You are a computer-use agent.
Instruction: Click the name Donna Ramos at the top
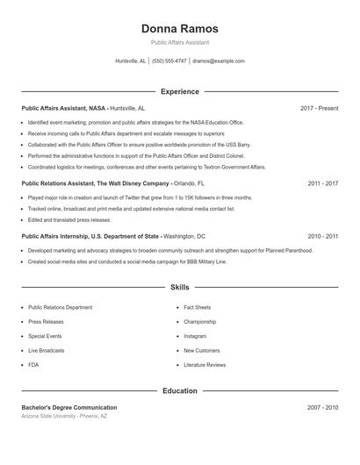click(179, 29)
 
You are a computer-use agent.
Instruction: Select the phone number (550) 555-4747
click(169, 61)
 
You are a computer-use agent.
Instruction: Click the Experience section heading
click(179, 91)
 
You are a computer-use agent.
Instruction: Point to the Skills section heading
click(179, 287)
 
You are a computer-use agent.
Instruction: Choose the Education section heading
click(179, 390)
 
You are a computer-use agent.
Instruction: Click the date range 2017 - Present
click(319, 108)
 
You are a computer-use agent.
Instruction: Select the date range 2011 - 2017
click(323, 183)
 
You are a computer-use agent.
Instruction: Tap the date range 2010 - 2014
click(323, 236)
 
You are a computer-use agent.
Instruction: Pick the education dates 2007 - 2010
click(323, 408)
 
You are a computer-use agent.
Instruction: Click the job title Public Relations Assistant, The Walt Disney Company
click(95, 183)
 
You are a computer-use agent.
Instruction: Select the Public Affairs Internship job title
click(90, 236)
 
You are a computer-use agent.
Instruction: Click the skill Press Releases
click(45, 322)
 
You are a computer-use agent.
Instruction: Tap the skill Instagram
click(195, 336)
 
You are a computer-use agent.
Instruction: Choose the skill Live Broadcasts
click(46, 350)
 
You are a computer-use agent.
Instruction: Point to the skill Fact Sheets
click(197, 308)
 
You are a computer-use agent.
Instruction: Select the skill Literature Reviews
click(205, 364)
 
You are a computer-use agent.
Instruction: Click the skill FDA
click(33, 364)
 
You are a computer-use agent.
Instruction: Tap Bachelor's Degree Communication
click(68, 408)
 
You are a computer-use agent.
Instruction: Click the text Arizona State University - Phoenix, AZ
click(64, 416)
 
